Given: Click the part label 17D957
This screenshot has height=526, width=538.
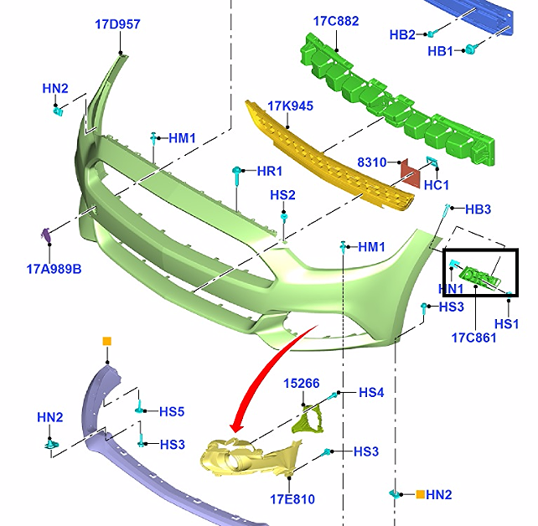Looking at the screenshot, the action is tap(117, 24).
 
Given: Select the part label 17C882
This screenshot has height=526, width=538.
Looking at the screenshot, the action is tap(336, 21).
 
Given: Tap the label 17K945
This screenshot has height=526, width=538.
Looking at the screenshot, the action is tap(290, 106).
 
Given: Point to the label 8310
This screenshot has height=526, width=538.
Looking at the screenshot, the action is tap(372, 162).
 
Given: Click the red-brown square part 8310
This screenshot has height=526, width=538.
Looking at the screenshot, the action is tap(411, 173).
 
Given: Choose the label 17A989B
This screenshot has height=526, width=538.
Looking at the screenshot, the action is tap(54, 269).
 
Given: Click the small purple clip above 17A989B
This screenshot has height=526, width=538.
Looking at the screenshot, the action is tap(45, 235).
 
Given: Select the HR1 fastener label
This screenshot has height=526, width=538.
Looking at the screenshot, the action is tap(269, 171).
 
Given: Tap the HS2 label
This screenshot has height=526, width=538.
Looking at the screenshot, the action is tap(282, 195).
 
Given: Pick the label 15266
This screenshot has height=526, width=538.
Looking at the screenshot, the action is tap(302, 384).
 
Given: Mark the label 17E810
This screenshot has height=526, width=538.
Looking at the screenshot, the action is tap(292, 499).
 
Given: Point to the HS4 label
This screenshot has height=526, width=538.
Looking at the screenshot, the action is tap(371, 393).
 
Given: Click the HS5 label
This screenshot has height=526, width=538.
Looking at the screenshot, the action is tap(172, 411).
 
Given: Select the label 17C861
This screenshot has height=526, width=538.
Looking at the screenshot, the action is tap(473, 338).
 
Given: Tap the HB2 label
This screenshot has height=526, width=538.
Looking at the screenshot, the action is tap(402, 34).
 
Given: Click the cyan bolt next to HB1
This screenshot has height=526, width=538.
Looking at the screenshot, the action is tap(471, 49).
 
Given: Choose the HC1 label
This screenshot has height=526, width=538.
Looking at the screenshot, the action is tap(437, 185).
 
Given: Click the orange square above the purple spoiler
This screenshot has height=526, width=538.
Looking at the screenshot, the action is tap(107, 341).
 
